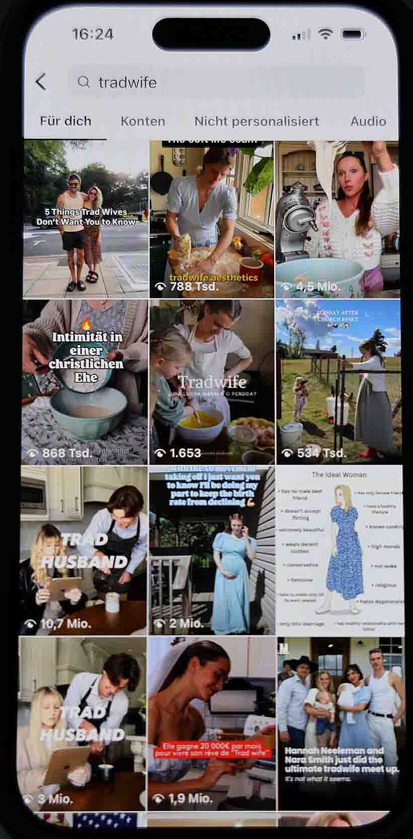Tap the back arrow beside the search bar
pos(41,82)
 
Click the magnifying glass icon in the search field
pos(84,82)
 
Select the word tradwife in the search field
pos(127,82)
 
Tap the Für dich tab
pos(66,122)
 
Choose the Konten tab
pos(142,122)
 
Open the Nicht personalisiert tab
pos(256,122)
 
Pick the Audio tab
pos(368,122)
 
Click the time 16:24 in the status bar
pos(92,34)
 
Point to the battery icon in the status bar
pos(353,34)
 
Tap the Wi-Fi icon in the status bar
pos(326,34)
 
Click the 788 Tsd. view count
pos(194,287)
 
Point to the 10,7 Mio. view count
pos(66,624)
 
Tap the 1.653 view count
pos(185,453)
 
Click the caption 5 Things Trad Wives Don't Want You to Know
pos(86,217)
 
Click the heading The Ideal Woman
pos(339,475)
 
